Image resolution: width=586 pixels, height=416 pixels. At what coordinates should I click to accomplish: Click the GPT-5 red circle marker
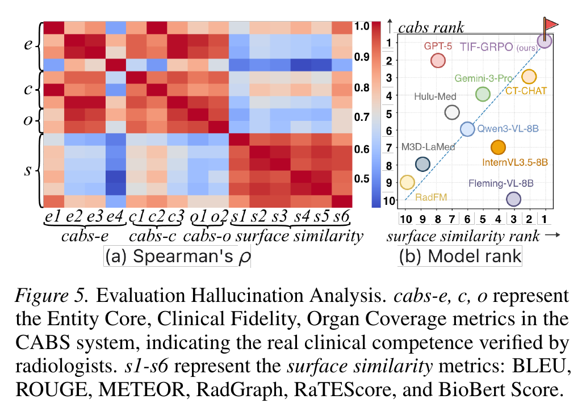(x=438, y=60)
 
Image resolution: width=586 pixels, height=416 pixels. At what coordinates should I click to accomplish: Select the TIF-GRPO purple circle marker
(x=545, y=41)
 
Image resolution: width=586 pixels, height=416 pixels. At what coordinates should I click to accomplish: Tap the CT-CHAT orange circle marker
(x=529, y=77)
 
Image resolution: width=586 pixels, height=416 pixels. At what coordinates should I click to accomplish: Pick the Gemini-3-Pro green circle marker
(x=483, y=94)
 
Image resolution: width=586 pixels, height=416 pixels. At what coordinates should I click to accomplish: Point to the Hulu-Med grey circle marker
(x=452, y=112)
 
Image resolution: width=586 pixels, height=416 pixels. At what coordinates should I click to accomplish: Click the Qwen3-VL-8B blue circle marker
(x=467, y=129)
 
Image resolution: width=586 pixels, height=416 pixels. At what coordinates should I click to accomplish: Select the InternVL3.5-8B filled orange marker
(x=498, y=147)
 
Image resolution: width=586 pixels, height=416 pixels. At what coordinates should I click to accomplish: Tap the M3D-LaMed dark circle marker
(x=422, y=164)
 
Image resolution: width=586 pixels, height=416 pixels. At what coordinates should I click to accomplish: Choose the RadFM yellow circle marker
(x=407, y=182)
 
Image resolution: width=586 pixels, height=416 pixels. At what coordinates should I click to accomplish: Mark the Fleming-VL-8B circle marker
(x=513, y=199)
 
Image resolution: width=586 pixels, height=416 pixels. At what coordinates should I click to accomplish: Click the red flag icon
(x=550, y=25)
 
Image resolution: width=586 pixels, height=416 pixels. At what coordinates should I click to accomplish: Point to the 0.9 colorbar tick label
(x=362, y=57)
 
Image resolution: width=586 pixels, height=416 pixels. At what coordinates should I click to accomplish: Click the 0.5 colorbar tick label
(x=362, y=179)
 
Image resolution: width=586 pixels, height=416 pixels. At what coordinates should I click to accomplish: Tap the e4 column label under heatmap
(x=115, y=217)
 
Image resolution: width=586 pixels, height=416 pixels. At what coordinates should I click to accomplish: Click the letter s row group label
(x=28, y=170)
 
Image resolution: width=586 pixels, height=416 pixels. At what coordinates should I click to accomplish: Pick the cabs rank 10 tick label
(x=389, y=201)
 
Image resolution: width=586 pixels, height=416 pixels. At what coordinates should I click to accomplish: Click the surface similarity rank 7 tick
(x=452, y=219)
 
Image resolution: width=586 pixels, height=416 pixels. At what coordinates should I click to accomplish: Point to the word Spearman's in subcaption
(x=183, y=256)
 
